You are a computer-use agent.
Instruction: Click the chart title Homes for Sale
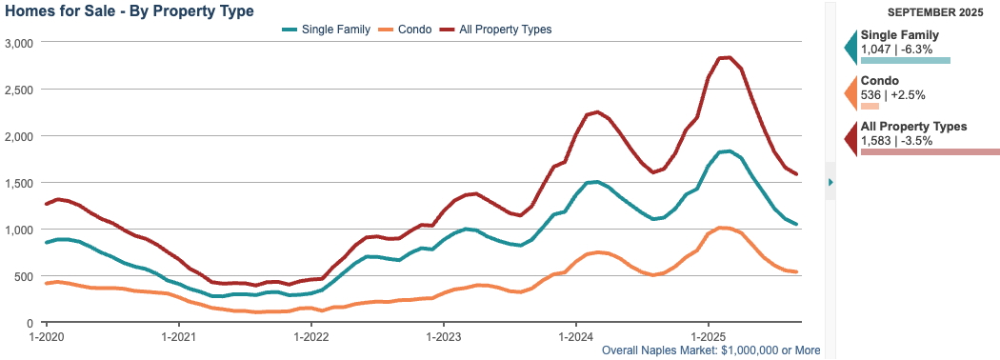click(x=130, y=11)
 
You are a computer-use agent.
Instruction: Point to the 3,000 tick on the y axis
click(x=19, y=44)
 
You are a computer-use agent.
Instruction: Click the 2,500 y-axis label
click(x=19, y=90)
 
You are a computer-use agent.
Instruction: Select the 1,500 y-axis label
click(x=19, y=183)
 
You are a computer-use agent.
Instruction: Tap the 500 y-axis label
click(x=24, y=276)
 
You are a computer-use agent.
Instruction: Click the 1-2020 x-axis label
click(x=47, y=336)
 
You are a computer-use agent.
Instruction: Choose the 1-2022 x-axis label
click(x=310, y=336)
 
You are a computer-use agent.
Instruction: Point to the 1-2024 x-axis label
click(x=574, y=336)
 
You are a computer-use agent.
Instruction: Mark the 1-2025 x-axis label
click(x=707, y=336)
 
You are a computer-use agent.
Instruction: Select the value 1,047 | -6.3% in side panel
click(x=895, y=48)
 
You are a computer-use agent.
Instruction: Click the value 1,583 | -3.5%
click(x=895, y=140)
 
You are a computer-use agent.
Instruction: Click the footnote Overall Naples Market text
click(x=711, y=350)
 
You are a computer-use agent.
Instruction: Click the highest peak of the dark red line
click(x=726, y=58)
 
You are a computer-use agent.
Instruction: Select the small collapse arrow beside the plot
click(x=830, y=181)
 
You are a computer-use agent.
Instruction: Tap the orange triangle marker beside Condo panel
click(x=850, y=93)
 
